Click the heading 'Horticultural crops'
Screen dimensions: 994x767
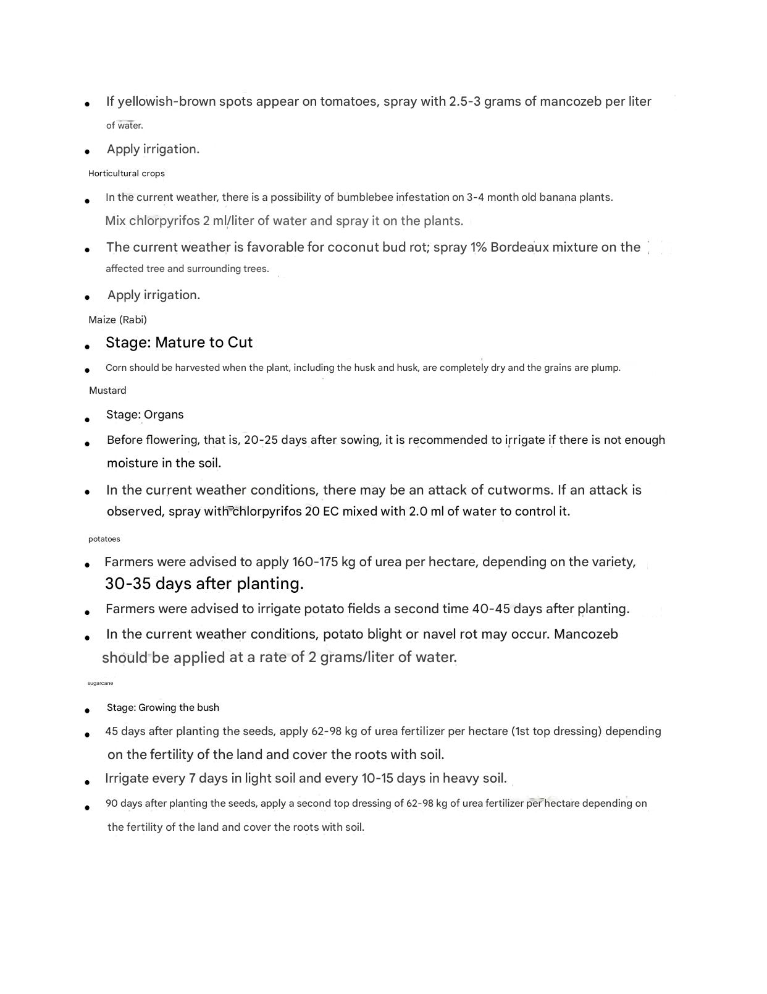pos(127,174)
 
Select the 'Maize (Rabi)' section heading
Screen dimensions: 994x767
pos(117,320)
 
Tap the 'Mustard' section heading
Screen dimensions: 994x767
pos(107,391)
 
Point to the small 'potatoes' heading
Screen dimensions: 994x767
pos(104,539)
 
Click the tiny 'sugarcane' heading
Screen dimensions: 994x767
pos(100,683)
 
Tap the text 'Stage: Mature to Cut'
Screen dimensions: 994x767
pos(179,342)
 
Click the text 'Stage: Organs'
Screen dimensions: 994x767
pos(145,415)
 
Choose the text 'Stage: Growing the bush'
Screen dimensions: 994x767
pos(163,708)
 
